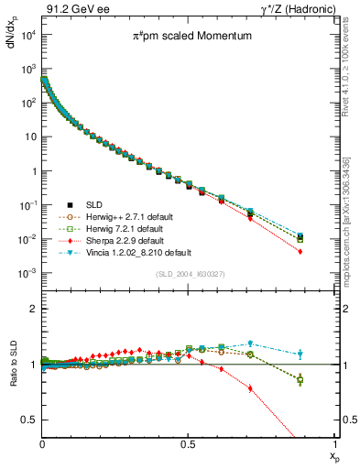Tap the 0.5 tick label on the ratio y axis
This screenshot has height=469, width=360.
point(28,420)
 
